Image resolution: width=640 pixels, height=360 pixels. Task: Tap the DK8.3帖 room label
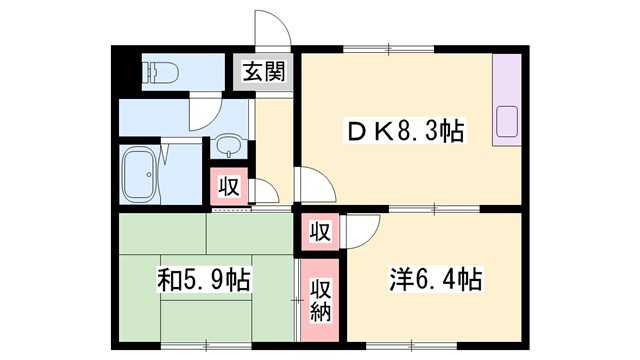[405, 131]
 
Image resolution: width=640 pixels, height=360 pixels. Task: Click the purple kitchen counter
[507, 100]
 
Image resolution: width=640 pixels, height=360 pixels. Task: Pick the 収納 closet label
[319, 301]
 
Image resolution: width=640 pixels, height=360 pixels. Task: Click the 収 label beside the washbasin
[228, 186]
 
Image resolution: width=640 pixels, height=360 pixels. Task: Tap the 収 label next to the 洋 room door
[319, 232]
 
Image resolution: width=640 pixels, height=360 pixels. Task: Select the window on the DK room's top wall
[406, 48]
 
